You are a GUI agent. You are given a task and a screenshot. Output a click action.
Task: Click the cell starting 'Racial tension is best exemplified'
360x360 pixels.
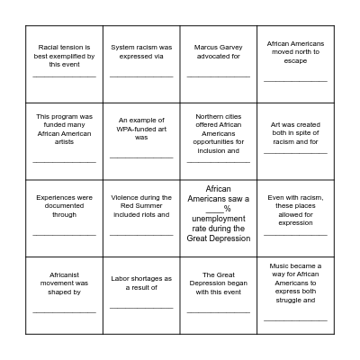click(x=64, y=64)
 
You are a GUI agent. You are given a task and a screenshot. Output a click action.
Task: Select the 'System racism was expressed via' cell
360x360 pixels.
click(x=141, y=64)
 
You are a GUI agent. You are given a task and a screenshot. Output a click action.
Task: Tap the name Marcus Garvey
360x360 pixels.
click(x=219, y=47)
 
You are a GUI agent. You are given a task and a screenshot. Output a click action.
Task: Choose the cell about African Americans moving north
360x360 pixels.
click(x=295, y=64)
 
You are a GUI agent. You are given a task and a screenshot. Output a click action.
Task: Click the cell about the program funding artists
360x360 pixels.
click(x=64, y=141)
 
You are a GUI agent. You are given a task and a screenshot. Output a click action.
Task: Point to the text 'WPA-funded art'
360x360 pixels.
click(x=141, y=128)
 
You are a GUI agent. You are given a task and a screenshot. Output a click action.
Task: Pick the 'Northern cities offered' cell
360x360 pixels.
click(x=219, y=141)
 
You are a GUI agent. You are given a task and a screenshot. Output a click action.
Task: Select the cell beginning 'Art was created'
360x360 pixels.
click(x=295, y=141)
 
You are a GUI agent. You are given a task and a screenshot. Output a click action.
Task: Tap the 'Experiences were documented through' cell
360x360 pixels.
click(x=64, y=219)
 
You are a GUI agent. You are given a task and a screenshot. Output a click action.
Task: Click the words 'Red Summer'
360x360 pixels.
click(x=141, y=206)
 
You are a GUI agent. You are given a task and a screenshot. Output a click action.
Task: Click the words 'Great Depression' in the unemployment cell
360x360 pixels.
click(x=219, y=238)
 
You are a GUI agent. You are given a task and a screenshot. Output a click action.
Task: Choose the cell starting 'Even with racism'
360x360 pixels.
click(x=295, y=219)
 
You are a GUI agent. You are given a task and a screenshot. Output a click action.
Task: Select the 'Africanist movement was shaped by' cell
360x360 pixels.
click(x=64, y=295)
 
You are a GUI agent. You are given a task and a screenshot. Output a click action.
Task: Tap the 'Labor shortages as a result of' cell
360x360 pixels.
click(x=141, y=295)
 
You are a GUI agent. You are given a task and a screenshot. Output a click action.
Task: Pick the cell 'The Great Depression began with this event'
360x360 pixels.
click(x=219, y=295)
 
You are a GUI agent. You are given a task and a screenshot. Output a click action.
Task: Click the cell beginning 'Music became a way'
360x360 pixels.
click(x=295, y=295)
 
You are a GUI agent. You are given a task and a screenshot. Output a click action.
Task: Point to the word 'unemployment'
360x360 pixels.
click(x=219, y=219)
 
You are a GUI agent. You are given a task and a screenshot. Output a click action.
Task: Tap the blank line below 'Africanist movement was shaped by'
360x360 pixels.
click(x=64, y=312)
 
